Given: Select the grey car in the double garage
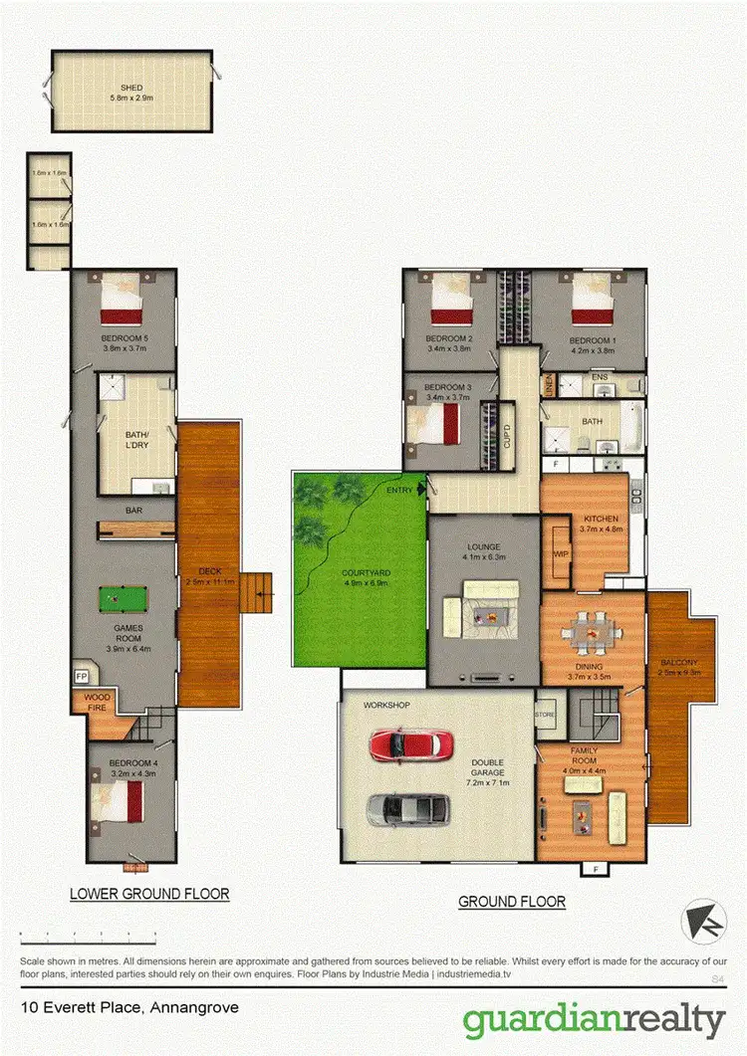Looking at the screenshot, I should pyautogui.click(x=400, y=810).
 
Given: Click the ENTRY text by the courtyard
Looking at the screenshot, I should pyautogui.click(x=399, y=491).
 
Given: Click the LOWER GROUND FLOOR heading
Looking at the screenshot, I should pyautogui.click(x=149, y=894).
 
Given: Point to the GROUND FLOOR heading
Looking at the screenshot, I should pyautogui.click(x=512, y=902).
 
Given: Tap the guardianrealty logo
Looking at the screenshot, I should pyautogui.click(x=594, y=1021).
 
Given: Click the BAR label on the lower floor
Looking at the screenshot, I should pyautogui.click(x=132, y=512).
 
